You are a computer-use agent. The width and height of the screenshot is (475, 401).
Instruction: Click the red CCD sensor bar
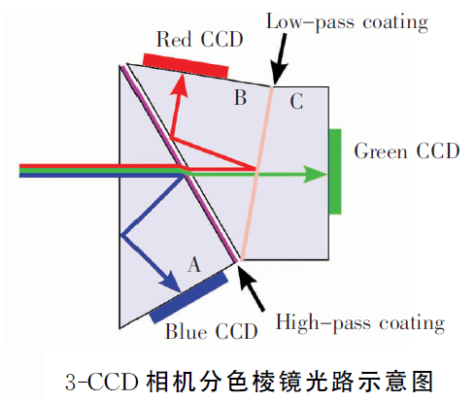186,66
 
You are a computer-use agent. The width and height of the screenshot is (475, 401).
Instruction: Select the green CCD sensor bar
335,172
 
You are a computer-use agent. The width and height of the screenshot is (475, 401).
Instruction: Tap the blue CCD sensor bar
188,297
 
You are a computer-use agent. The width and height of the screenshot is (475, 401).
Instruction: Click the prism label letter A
194,265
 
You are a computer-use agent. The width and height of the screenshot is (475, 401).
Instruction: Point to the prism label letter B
240,97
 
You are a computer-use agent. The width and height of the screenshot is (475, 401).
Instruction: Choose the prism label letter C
296,101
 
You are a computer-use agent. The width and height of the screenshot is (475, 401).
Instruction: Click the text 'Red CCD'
200,39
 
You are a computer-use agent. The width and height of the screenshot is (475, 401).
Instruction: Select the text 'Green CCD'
407,150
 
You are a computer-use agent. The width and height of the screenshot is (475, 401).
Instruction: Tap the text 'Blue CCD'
212,331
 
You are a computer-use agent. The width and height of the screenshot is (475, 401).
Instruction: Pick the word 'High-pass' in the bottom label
322,322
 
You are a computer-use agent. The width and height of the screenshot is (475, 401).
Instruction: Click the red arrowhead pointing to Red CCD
180,84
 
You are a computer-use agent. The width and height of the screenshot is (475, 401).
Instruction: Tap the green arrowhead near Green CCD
315,175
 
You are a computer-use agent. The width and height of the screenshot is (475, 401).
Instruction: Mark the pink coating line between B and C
256,173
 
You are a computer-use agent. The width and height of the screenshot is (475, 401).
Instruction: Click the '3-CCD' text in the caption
102,382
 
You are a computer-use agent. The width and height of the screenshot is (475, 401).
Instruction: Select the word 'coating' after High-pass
412,323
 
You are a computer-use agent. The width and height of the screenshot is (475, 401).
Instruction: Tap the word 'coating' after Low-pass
395,22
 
